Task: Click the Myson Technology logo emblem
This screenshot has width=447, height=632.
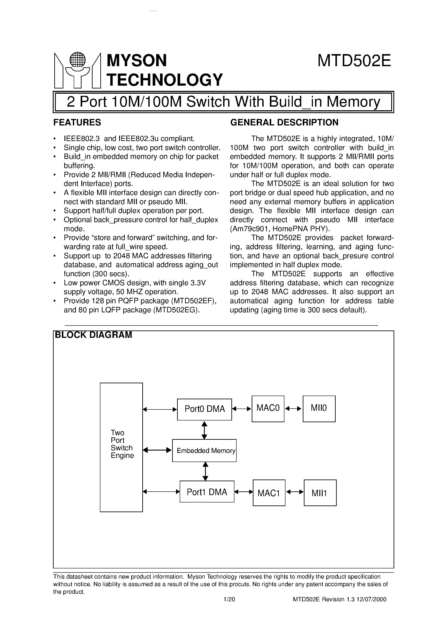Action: (77, 71)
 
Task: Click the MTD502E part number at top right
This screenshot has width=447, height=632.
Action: (354, 61)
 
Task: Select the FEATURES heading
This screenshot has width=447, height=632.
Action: (77, 122)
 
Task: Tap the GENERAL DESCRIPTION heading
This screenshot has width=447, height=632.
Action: (284, 122)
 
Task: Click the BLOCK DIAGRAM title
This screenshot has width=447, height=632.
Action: (94, 335)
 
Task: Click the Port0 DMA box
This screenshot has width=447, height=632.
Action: (205, 409)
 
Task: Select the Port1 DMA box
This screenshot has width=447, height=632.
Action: (207, 492)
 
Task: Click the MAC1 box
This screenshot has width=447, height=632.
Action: (269, 493)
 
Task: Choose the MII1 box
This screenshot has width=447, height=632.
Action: (320, 493)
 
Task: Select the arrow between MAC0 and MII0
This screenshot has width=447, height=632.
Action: (293, 409)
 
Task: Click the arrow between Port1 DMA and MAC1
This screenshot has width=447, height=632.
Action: (244, 492)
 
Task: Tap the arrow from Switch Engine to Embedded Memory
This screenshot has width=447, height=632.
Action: (157, 450)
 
